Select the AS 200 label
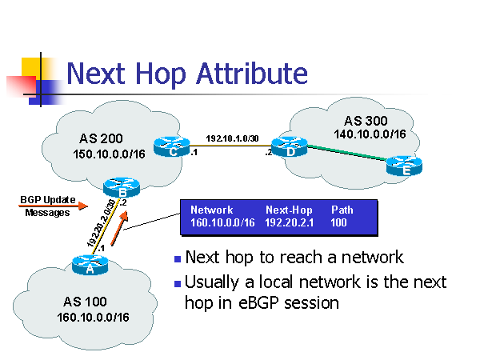[101, 138]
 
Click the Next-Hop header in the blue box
[287, 210]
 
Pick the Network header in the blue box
[211, 210]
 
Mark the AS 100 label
[84, 302]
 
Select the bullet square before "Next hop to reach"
[177, 259]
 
